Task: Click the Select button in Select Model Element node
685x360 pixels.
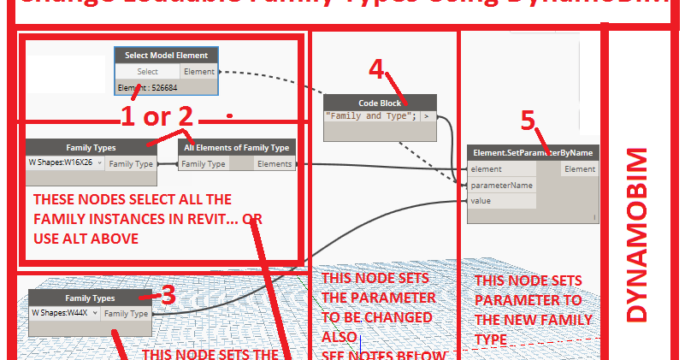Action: pos(147,72)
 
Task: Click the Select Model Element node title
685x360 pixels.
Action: pos(166,56)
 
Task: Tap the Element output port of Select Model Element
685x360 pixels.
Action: pos(199,72)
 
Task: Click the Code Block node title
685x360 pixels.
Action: pos(380,103)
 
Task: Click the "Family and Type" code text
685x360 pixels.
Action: pos(371,116)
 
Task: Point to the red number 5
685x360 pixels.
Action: pos(529,121)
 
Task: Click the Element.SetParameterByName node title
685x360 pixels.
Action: pos(533,153)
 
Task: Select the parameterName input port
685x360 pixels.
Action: pos(501,185)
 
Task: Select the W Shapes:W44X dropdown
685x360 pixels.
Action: pos(64,314)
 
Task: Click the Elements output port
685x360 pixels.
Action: pos(274,163)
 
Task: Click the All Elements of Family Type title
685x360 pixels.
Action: pos(237,147)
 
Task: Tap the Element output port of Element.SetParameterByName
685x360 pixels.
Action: pos(580,169)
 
